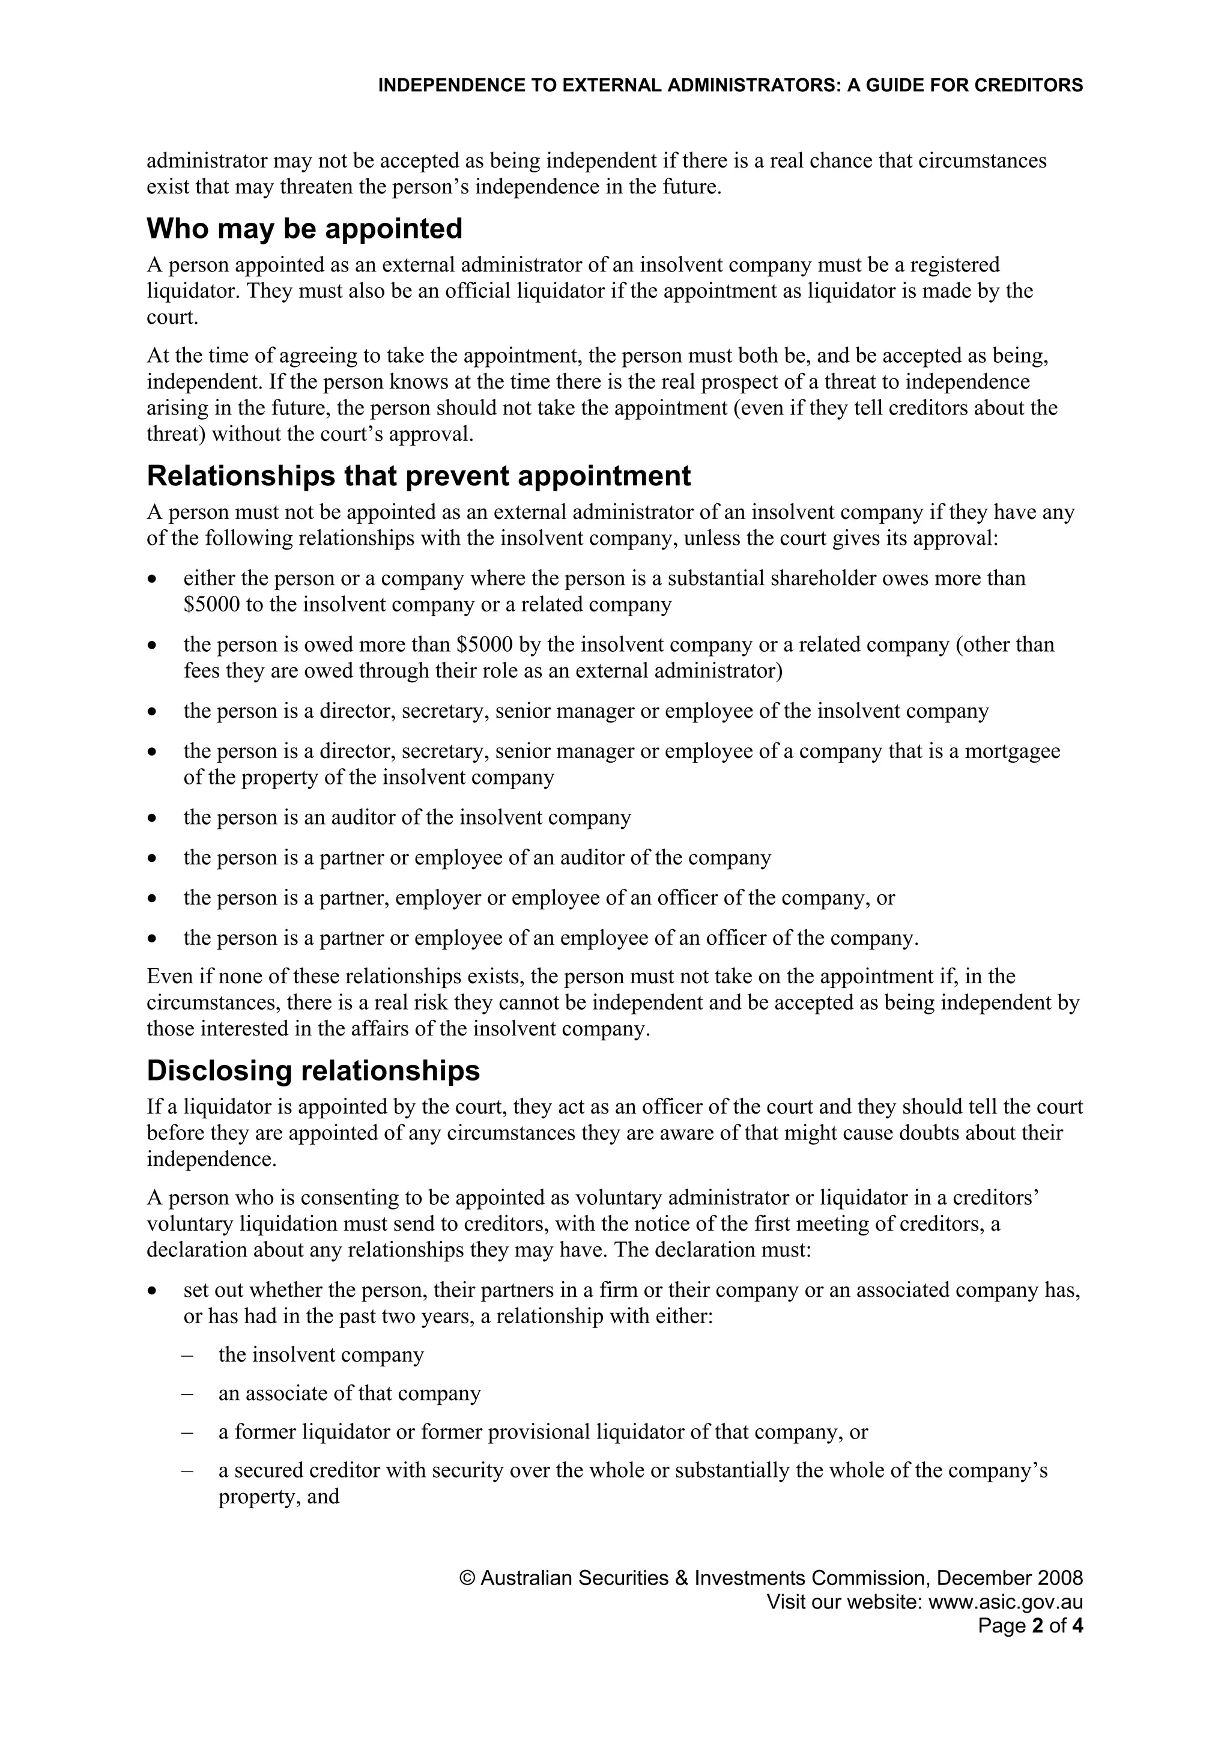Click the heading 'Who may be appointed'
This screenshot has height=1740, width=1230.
click(x=304, y=229)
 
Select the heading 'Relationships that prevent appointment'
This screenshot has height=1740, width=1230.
click(x=419, y=476)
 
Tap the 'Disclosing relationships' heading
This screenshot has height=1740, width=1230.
click(x=313, y=1071)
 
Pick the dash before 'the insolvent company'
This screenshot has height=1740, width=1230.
click(x=187, y=1355)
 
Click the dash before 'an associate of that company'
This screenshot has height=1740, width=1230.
click(x=187, y=1393)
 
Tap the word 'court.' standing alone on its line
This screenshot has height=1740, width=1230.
click(x=172, y=318)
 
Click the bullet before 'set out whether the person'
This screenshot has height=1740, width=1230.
click(x=153, y=1291)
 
